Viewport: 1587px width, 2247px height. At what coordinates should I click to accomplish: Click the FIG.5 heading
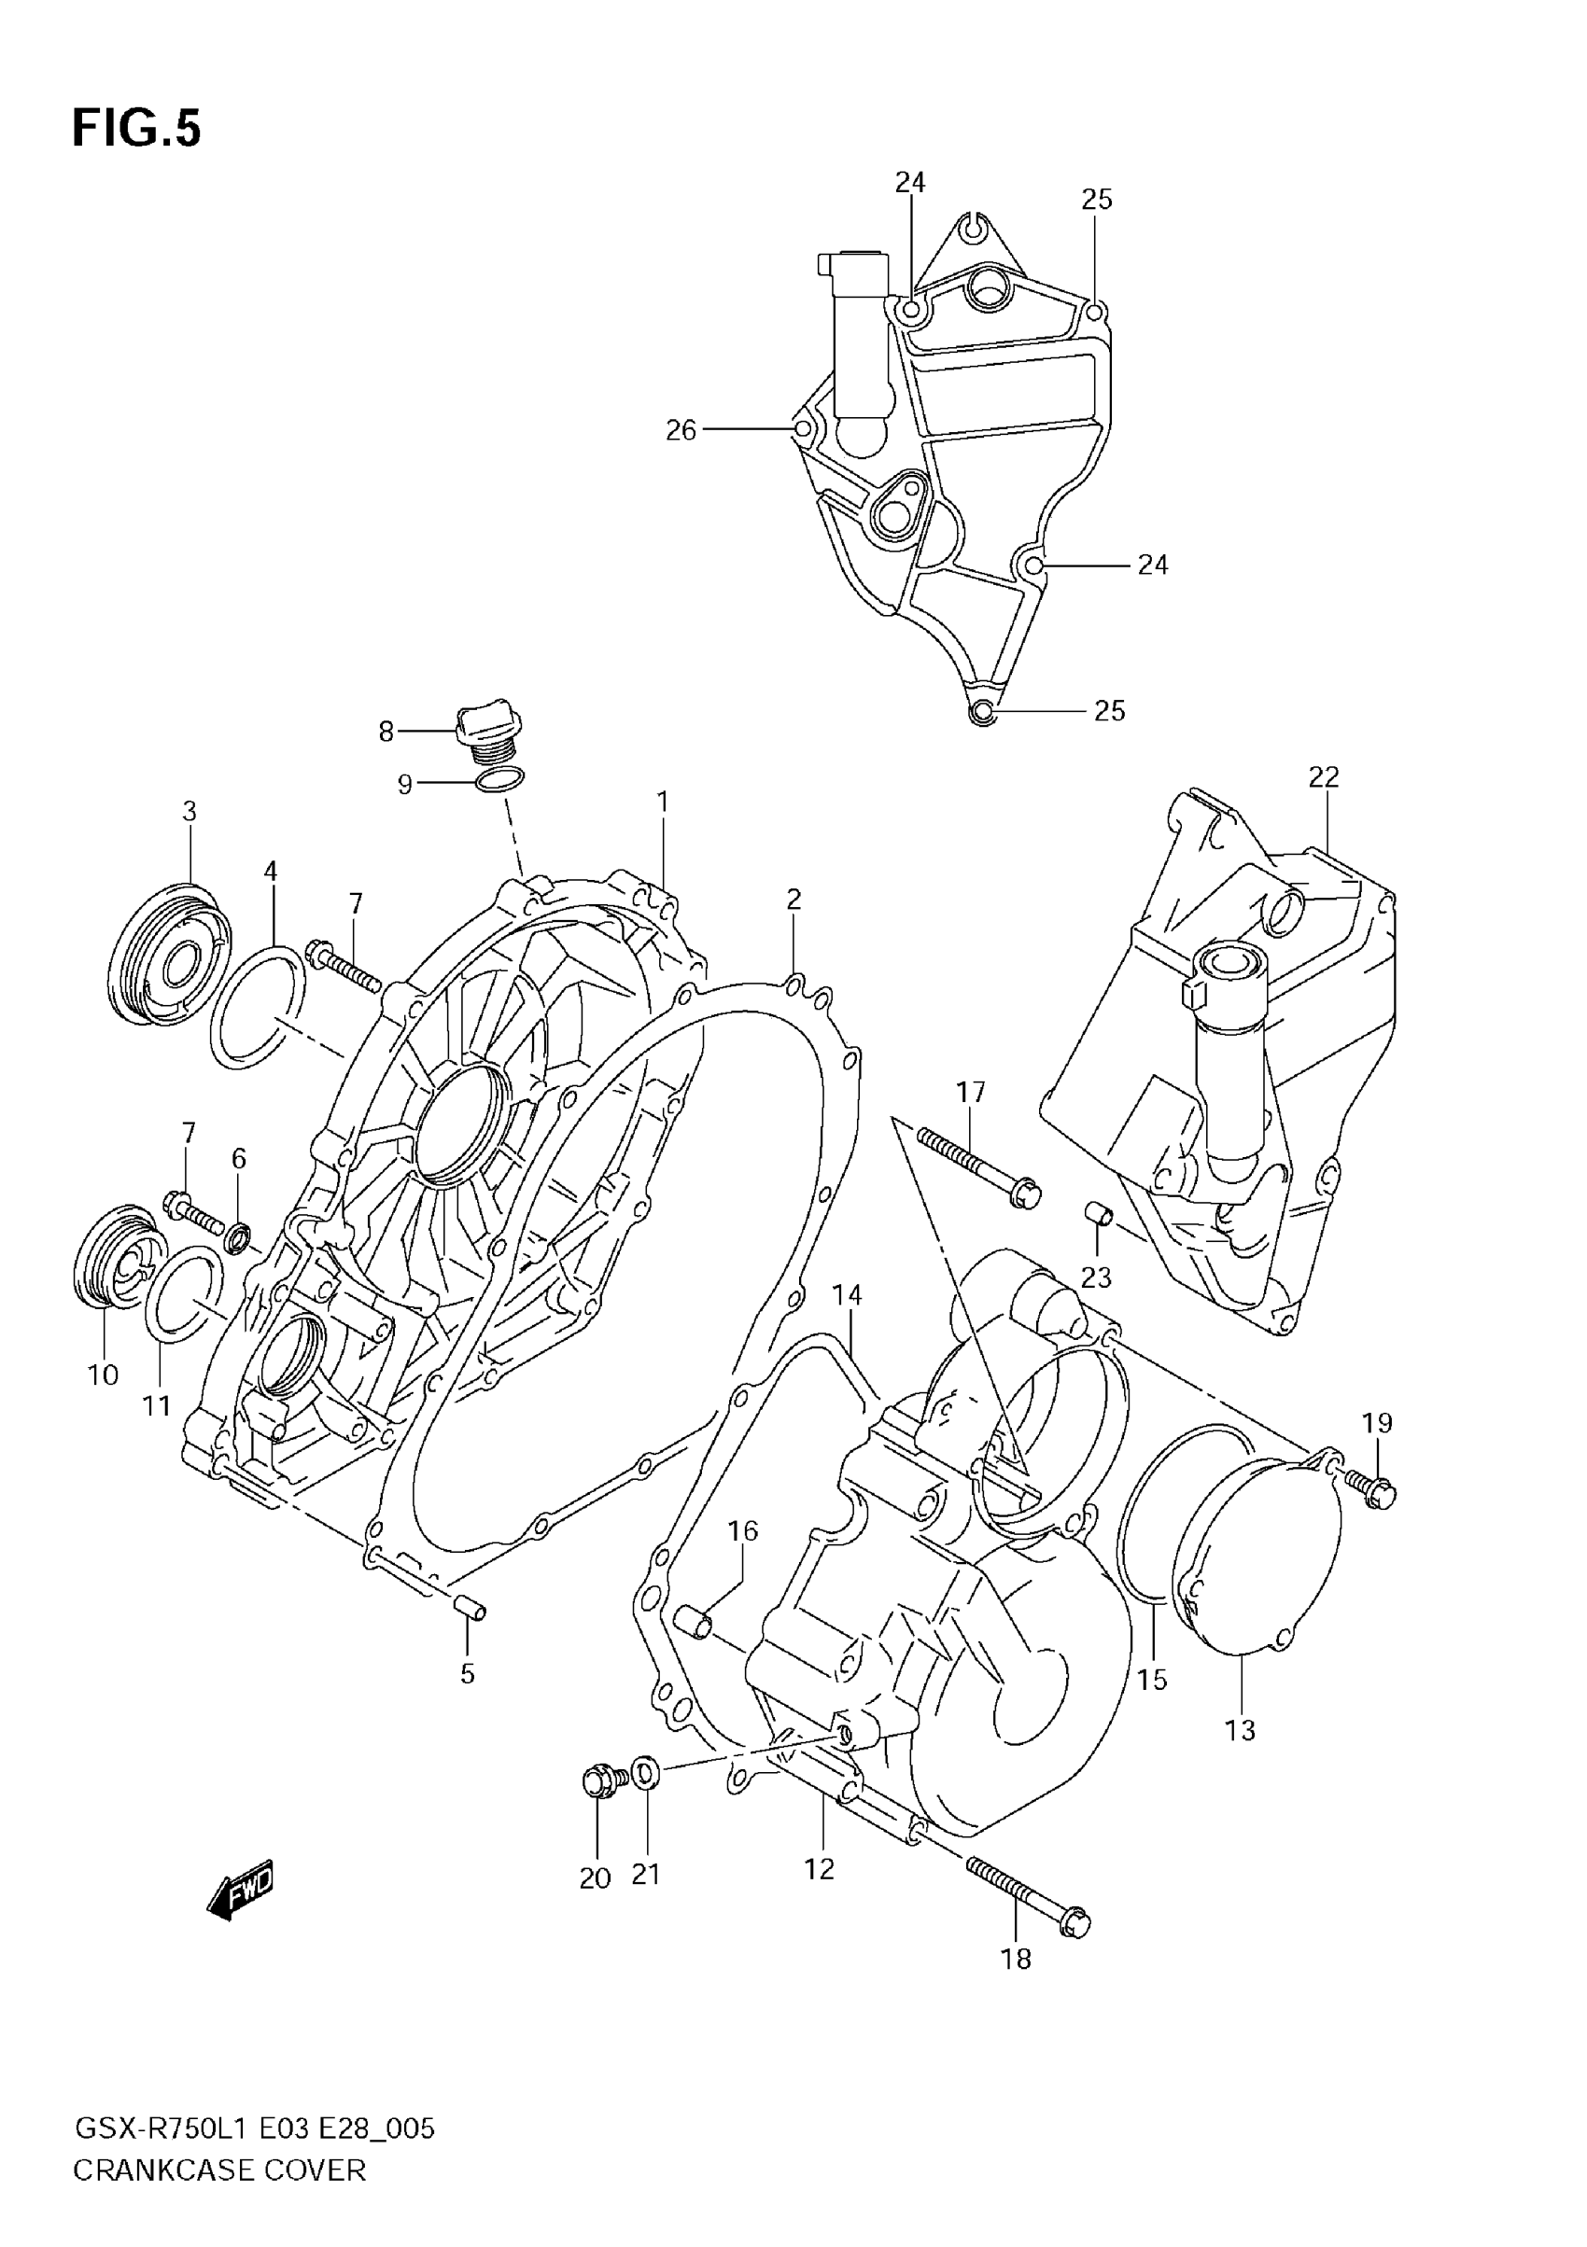click(x=136, y=129)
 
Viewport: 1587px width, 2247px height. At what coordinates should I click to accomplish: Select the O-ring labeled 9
click(x=499, y=780)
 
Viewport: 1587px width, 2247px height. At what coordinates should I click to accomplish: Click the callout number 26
click(x=681, y=429)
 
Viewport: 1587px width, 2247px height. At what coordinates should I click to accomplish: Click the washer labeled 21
click(x=644, y=1772)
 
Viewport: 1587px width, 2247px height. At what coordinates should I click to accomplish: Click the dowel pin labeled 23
click(x=1099, y=1216)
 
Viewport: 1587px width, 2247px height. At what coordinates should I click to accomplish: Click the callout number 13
click(x=1240, y=1730)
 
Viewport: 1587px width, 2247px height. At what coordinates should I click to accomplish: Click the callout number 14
click(x=847, y=1295)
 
